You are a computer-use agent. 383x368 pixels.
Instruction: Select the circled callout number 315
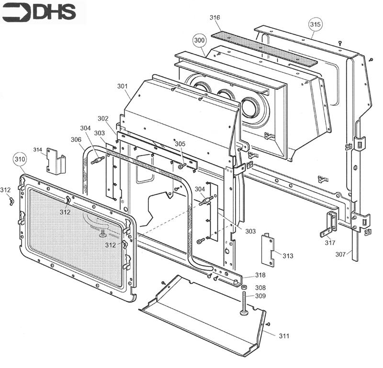tap(315, 23)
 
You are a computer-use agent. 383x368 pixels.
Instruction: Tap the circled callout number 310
tap(19, 159)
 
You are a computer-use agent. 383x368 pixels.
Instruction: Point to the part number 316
tap(215, 18)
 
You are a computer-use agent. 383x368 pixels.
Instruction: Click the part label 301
tap(123, 86)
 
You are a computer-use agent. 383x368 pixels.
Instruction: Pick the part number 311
tap(284, 336)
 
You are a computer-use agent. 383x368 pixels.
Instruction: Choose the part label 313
tap(288, 256)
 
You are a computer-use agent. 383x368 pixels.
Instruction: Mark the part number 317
tap(330, 243)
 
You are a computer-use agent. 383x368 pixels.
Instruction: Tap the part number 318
tap(260, 275)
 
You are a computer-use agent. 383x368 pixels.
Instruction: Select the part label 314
tap(38, 150)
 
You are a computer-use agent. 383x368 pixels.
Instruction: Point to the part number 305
tap(180, 144)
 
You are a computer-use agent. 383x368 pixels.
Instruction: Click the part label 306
tap(76, 139)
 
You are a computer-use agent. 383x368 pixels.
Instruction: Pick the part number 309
tap(260, 296)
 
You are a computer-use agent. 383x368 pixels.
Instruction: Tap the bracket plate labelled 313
tap(268, 249)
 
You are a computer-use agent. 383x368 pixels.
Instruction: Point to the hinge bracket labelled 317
tap(330, 223)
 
